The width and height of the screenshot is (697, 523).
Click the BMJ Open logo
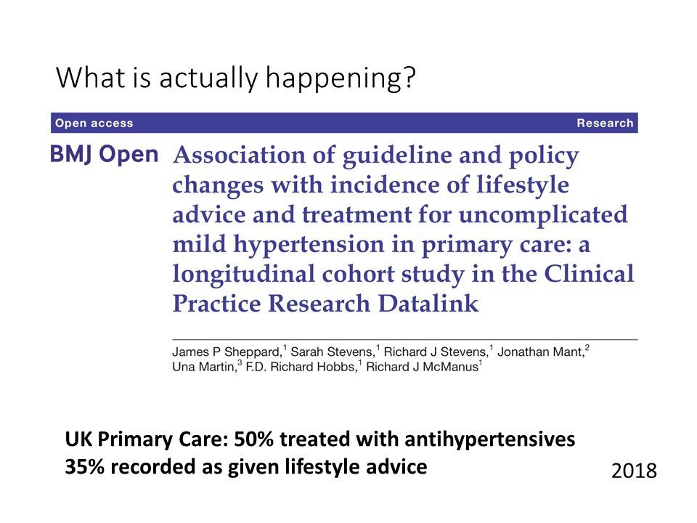[104, 155]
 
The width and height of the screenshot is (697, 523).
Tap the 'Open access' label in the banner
[94, 123]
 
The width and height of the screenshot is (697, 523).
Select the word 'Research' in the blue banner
[605, 123]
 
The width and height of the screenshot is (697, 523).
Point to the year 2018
[634, 471]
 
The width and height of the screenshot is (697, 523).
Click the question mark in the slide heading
[409, 77]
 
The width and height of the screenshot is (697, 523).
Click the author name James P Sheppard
[227, 352]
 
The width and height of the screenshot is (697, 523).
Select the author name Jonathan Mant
[540, 352]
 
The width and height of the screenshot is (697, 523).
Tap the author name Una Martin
[203, 367]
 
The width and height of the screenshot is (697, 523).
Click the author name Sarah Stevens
[332, 352]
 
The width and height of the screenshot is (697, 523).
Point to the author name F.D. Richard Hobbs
[301, 367]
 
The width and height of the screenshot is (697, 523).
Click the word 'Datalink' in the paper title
[428, 304]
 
